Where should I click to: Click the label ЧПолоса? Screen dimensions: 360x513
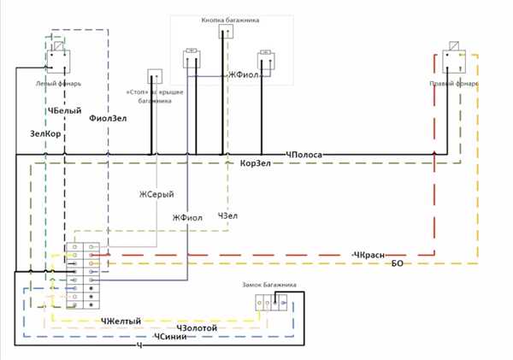[304, 154]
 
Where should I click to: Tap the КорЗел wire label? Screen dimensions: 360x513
[256, 162]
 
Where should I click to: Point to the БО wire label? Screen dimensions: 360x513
[397, 263]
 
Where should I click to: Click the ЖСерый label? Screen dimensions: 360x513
[156, 195]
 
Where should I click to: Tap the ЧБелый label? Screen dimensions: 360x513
[65, 111]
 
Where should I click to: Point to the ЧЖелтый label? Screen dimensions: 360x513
[121, 321]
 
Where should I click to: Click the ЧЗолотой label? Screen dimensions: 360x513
[198, 328]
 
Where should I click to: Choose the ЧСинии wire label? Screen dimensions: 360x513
[171, 337]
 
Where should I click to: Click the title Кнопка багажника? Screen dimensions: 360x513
[231, 19]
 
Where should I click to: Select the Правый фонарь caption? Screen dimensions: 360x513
[454, 84]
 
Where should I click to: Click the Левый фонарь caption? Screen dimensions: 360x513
[58, 84]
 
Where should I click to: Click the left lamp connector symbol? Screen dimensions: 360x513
[57, 60]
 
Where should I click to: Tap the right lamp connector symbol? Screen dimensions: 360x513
[454, 60]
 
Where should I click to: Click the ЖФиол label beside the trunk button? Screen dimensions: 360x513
[245, 75]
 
